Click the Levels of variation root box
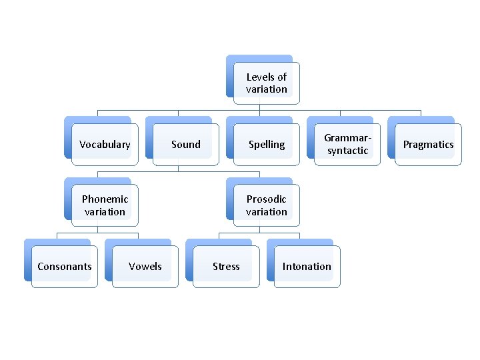266,83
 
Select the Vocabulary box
105,144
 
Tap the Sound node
185,144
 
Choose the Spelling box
266,144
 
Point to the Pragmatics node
428,144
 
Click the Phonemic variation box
105,205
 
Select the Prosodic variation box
266,205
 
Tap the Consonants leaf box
65,266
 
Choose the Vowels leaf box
145,266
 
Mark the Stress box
226,266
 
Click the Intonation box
307,266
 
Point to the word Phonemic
105,199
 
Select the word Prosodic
266,199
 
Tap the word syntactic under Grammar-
347,151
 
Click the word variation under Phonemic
105,211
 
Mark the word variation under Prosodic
266,211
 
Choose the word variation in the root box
266,89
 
